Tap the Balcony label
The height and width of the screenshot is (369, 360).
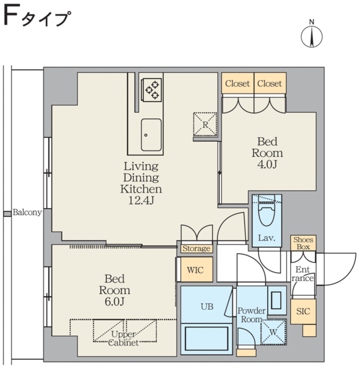click(27, 213)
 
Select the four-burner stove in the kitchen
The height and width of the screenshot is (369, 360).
click(152, 89)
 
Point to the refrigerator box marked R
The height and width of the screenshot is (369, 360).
click(204, 124)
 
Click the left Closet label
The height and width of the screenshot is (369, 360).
click(238, 84)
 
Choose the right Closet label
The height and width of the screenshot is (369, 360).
click(270, 84)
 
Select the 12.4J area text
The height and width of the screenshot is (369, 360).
click(140, 199)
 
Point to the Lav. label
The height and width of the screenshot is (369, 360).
click(266, 238)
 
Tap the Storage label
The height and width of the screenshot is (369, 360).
click(196, 249)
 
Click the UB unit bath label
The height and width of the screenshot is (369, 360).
click(207, 307)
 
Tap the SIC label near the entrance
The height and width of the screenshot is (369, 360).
click(303, 311)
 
